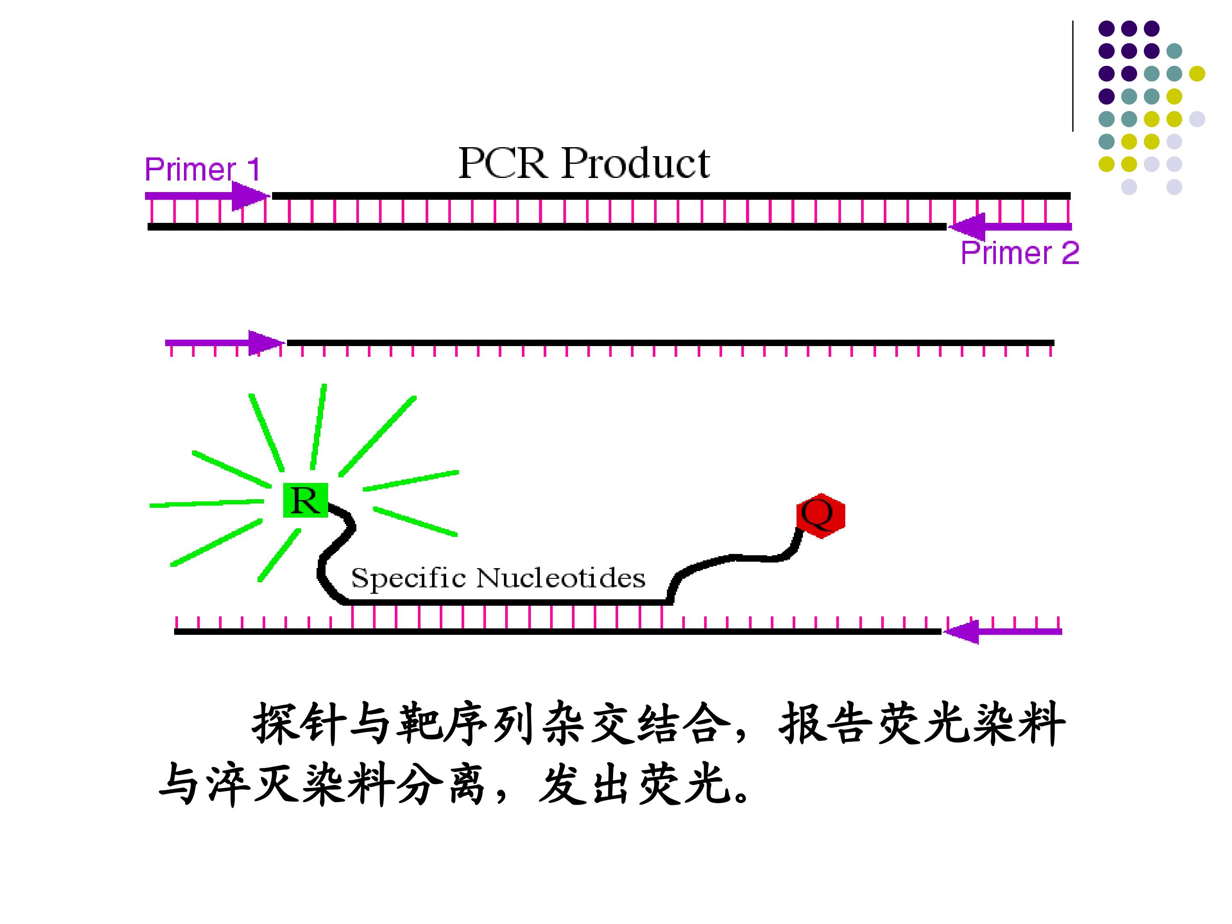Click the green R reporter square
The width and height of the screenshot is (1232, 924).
[x=305, y=500]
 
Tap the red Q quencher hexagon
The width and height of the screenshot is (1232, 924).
[x=820, y=515]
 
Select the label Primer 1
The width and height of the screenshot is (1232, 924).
[x=202, y=169]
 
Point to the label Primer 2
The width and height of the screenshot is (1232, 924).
[x=1020, y=253]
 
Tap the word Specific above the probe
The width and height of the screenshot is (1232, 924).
[x=408, y=577]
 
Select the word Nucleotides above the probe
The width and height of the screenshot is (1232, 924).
[x=561, y=577]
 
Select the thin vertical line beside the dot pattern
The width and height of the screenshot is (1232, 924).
[x=1073, y=76]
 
